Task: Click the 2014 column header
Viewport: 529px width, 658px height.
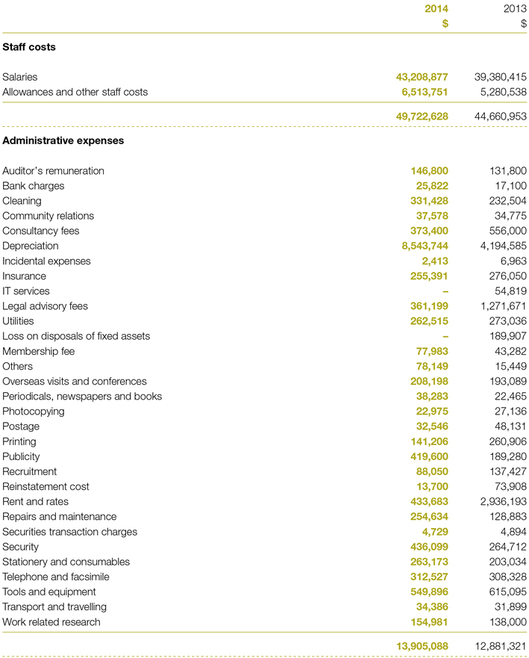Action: point(436,9)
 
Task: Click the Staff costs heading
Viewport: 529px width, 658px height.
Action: point(29,47)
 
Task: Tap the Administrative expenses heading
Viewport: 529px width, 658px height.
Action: point(63,140)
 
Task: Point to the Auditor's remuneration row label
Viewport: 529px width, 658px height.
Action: point(53,171)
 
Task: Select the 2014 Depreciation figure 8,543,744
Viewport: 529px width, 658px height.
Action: point(425,246)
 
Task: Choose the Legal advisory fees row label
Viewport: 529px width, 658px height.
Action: point(45,306)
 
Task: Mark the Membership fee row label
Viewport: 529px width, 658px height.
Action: point(38,351)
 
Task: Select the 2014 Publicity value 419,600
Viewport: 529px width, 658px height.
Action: point(429,456)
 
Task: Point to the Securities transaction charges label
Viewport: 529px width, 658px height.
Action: point(69,532)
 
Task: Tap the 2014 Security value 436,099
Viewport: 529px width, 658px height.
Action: point(429,547)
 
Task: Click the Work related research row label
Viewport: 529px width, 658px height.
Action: point(51,622)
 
